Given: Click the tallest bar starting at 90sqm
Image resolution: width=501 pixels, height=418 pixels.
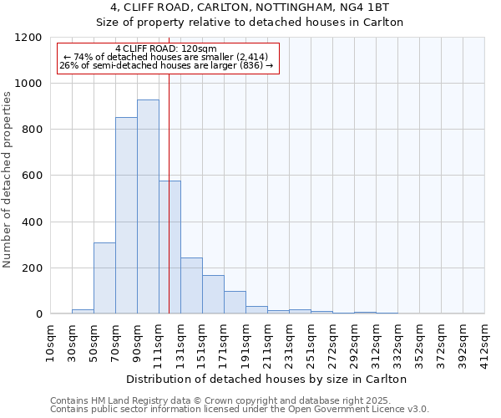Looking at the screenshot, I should pos(148,206).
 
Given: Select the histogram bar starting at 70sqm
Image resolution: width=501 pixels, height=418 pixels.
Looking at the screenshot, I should pos(126,216).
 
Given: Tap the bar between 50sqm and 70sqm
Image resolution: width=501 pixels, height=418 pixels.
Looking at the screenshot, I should pos(104,278).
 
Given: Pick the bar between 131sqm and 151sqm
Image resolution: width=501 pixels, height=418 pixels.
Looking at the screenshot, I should pos(191,286).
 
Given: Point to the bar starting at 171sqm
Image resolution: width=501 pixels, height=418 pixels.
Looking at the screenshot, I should pos(235,303).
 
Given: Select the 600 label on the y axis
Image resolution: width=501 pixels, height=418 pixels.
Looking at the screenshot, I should pos(31,176).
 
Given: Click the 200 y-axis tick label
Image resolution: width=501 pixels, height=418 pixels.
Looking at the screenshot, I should pos(31,268).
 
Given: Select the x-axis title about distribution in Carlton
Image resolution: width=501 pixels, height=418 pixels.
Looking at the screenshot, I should pos(267,379).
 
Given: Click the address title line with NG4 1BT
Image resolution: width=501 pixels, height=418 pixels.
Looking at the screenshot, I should pos(250,8).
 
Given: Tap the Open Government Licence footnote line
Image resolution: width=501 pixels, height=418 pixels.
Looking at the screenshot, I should pos(239,410).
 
